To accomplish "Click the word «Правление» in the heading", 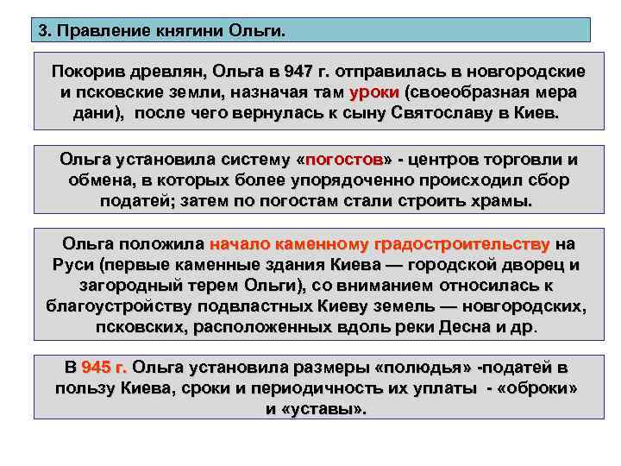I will pos(103,31).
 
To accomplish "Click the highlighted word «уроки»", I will pos(373,92).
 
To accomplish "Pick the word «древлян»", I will pos(164,71).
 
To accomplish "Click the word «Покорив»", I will pos(91,71).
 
